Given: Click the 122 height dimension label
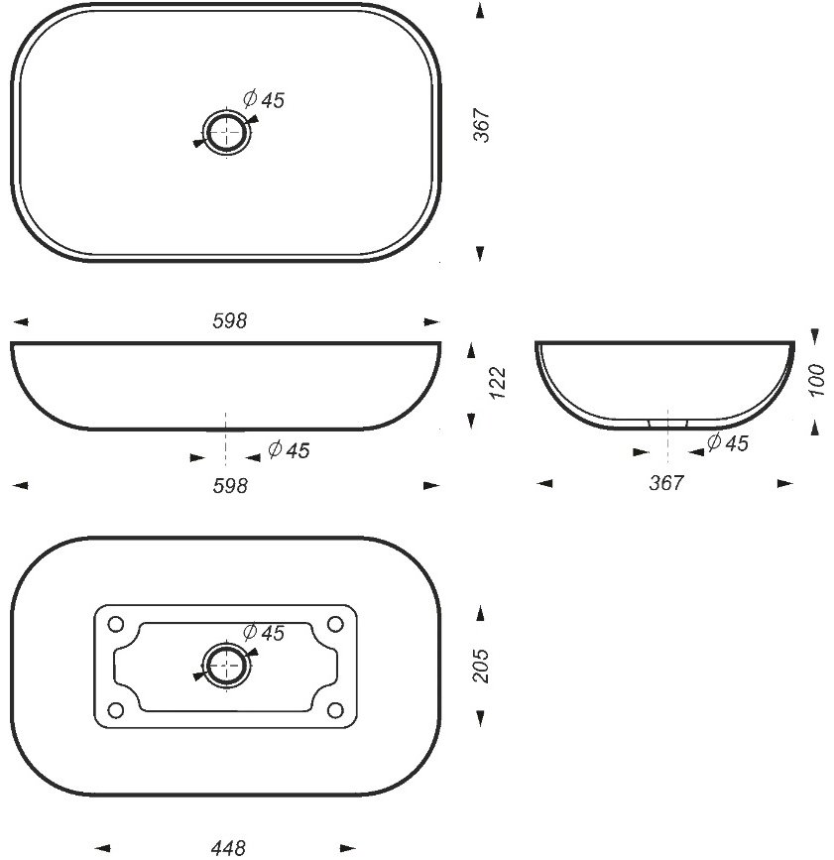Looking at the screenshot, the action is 498,383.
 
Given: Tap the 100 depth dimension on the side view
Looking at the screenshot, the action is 816,380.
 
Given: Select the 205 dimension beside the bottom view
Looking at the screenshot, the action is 481,666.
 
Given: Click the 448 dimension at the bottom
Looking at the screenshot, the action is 228,848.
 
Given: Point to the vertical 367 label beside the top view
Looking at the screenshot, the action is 481,125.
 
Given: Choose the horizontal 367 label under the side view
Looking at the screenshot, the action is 666,483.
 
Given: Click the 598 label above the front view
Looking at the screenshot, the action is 230,320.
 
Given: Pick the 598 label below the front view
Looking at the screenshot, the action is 230,485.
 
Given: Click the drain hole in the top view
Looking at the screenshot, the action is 226,132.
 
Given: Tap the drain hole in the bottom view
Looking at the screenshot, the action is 226,665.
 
